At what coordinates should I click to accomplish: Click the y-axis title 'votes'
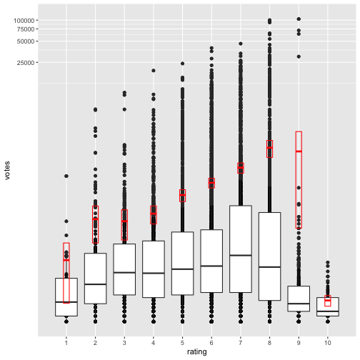pos(8,171)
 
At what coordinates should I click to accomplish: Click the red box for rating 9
pos(299,179)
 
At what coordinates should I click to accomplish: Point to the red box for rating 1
pos(66,273)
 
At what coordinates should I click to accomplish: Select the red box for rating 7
pos(241,168)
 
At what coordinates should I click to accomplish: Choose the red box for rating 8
pos(269,149)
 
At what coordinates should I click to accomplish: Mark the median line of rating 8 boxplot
pos(269,266)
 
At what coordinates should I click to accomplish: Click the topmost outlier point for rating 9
pos(299,19)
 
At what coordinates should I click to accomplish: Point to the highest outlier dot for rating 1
pos(66,176)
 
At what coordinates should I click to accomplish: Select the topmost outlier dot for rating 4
pos(153,71)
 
